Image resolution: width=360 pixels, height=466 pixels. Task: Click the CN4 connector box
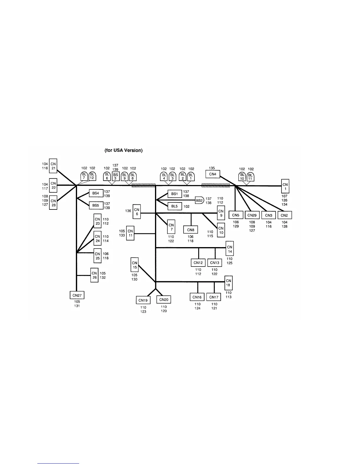[x=213, y=174]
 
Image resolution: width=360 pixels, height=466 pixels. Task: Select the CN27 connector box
[x=77, y=295]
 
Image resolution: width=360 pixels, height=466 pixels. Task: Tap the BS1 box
[x=175, y=194]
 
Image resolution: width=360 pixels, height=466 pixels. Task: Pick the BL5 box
[x=175, y=206]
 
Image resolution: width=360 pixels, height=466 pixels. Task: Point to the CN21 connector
[x=53, y=166]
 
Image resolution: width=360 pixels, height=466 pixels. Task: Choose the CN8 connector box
[x=191, y=229]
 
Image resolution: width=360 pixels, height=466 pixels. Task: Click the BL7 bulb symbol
[x=84, y=176]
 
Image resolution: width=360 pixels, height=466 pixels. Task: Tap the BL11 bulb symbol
[x=251, y=177]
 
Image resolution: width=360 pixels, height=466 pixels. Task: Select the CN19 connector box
[x=143, y=300]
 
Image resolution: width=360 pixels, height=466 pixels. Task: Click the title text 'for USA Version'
[x=124, y=150]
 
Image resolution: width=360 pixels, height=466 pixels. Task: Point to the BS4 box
[x=96, y=193]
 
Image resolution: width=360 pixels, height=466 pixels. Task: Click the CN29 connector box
[x=252, y=215]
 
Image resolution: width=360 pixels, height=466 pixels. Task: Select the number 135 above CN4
[x=212, y=168]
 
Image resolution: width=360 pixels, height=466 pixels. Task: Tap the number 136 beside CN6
[x=128, y=211]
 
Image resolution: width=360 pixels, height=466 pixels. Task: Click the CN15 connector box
[x=135, y=265]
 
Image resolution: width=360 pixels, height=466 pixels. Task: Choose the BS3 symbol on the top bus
[x=116, y=176]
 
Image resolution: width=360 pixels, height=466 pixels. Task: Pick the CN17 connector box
[x=214, y=297]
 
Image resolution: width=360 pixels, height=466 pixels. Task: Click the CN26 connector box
[x=94, y=275]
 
